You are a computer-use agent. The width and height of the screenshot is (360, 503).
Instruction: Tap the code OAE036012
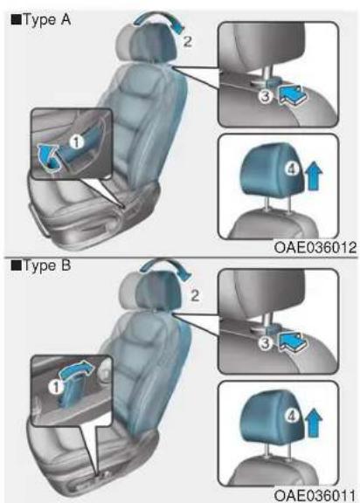[x=315, y=247]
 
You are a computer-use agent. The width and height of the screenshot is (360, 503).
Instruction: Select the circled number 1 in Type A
[x=76, y=141]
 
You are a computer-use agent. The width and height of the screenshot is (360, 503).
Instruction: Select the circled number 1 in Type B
[x=56, y=388]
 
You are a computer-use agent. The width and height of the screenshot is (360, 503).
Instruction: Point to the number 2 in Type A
[x=187, y=41]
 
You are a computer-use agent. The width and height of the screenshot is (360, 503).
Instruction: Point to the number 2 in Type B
[x=195, y=295]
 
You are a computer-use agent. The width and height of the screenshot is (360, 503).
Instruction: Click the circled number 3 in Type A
[x=267, y=96]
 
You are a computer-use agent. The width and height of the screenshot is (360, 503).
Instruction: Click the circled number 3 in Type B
[x=266, y=343]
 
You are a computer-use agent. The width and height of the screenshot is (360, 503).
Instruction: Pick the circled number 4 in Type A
[x=292, y=169]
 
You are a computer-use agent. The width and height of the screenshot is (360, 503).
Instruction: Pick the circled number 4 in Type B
[x=292, y=417]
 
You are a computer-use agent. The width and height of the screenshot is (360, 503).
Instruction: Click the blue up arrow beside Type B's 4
[x=313, y=424]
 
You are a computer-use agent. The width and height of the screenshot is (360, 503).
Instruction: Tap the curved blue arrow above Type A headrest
[x=157, y=18]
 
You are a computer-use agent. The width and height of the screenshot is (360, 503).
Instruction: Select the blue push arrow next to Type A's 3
[x=293, y=95]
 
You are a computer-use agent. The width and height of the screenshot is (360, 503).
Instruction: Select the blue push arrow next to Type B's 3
[x=293, y=342]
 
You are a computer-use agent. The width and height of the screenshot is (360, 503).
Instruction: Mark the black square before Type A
[x=16, y=20]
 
